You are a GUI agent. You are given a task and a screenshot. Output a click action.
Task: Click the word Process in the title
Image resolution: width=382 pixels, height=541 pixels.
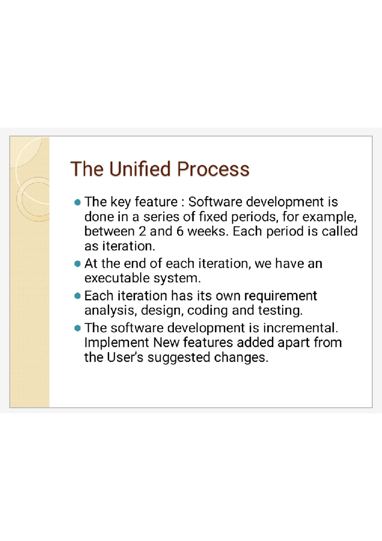213,169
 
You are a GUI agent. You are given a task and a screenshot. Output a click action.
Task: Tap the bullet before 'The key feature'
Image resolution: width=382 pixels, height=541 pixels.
77,202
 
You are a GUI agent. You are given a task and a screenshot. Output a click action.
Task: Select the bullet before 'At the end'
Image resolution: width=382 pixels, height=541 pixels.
77,264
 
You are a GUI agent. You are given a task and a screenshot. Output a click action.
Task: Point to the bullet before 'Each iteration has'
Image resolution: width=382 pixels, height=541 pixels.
77,296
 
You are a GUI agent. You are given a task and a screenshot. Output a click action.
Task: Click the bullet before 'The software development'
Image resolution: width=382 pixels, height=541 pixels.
77,328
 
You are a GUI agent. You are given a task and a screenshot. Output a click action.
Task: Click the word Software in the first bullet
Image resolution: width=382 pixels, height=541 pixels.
215,202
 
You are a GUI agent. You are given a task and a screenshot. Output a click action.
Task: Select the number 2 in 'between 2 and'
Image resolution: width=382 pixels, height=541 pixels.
142,231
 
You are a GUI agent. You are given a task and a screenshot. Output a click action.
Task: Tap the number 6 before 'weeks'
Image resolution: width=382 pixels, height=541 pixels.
180,231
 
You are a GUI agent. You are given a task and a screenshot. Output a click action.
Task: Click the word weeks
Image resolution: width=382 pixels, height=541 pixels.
208,231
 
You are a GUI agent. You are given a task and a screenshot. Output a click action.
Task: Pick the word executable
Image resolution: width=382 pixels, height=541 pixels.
117,278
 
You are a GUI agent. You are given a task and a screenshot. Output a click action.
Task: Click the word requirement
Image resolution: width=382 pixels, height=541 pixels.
280,296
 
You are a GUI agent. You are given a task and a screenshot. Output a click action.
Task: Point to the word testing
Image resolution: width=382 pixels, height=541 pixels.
280,311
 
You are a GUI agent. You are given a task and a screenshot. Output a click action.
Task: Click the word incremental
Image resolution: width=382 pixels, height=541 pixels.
300,328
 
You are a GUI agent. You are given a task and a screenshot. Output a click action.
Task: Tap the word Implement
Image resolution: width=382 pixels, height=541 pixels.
117,343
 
